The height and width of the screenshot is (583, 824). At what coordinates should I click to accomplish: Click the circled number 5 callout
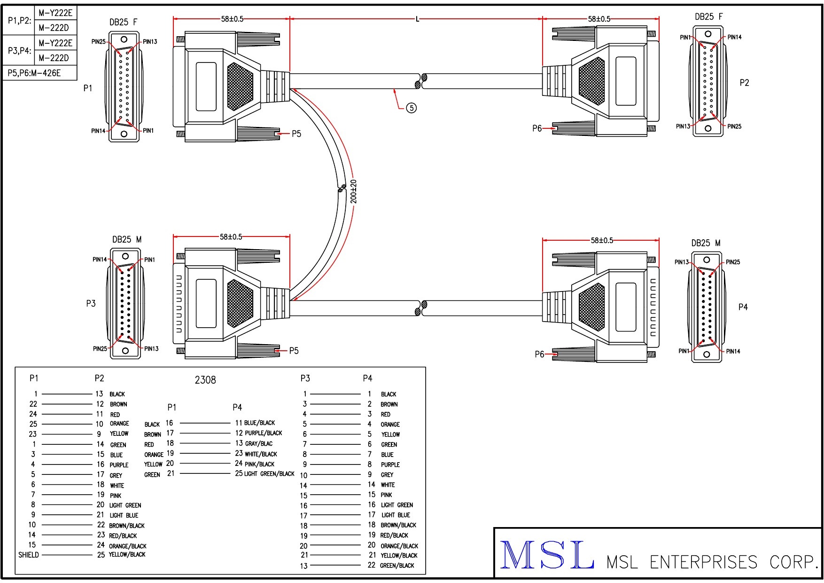coord(411,108)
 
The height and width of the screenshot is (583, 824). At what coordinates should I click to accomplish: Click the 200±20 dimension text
coord(354,192)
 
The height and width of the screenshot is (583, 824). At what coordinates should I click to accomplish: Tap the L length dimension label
coord(417,19)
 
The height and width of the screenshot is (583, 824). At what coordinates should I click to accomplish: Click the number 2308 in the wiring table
coord(205,380)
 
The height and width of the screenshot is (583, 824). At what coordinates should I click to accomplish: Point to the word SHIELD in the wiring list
coord(29,555)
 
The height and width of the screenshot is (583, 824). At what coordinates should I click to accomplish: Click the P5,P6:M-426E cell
coord(34,73)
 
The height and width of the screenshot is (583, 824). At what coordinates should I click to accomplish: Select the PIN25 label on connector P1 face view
coord(98,42)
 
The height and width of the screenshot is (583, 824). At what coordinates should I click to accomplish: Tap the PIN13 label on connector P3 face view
coord(151,349)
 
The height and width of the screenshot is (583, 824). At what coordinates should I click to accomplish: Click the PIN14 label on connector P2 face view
coord(734,37)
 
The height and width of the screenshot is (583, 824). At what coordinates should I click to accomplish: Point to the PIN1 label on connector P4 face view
coord(684,351)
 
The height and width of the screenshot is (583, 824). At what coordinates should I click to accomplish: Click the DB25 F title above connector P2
coord(708,17)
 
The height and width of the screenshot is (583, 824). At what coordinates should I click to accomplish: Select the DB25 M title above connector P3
coord(126,240)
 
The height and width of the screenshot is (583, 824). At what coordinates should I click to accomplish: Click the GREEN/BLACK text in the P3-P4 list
coord(397,566)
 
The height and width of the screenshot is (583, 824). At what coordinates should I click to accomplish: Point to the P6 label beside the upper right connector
coord(537,128)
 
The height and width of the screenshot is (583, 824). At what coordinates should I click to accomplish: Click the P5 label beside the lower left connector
coord(294,351)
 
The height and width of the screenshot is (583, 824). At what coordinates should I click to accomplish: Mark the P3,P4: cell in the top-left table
coord(19,50)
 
